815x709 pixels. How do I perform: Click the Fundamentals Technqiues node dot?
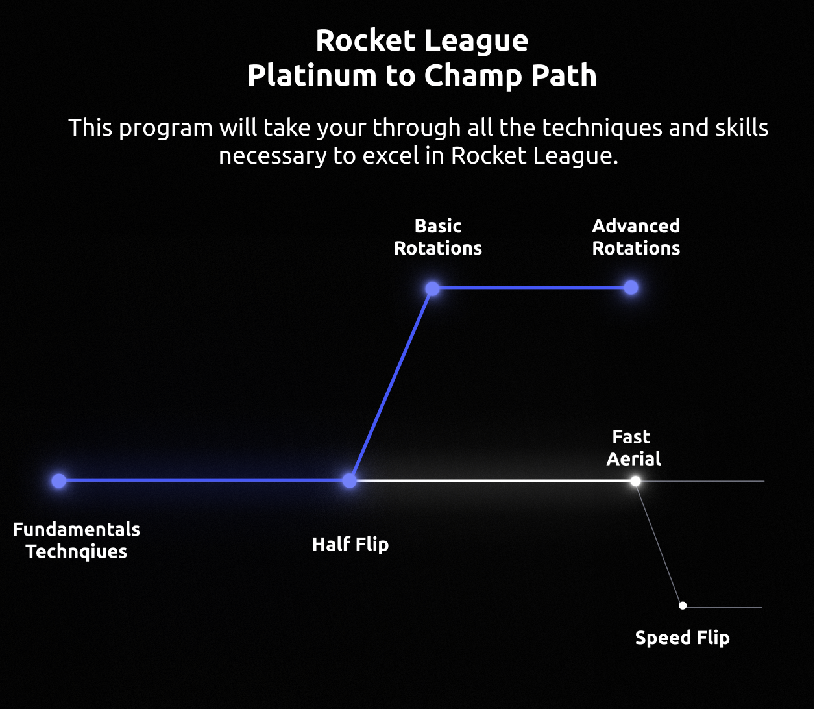click(59, 480)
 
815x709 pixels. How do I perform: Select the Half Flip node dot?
click(350, 480)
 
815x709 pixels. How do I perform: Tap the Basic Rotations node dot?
click(433, 288)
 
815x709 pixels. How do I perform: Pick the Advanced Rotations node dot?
click(631, 288)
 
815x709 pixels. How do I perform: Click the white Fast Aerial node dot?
click(635, 481)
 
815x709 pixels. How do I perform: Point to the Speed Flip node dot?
click(683, 606)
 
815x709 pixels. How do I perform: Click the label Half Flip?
click(350, 544)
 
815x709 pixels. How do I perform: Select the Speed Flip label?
click(682, 638)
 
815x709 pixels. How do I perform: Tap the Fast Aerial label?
click(633, 448)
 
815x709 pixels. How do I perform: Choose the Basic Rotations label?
click(438, 237)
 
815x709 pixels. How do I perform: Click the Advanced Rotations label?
click(636, 237)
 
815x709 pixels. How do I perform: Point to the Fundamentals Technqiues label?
click(77, 540)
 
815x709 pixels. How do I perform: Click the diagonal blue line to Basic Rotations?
click(391, 384)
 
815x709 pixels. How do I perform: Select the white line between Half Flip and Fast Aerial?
click(493, 481)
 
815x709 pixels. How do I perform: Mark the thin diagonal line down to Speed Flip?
click(659, 543)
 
